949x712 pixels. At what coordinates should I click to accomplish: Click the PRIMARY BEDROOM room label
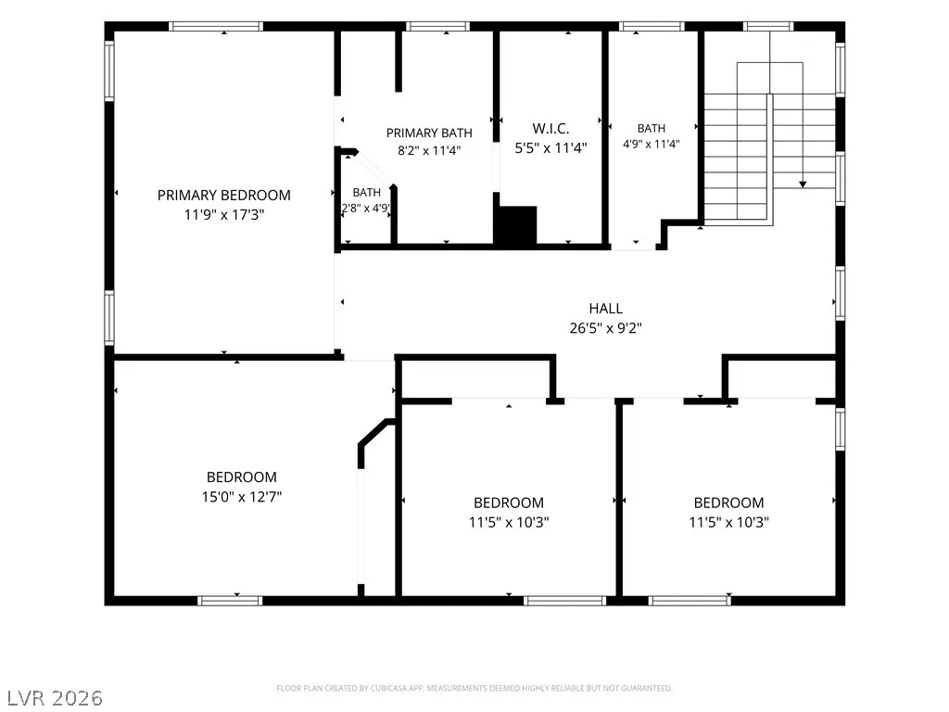coord(224,195)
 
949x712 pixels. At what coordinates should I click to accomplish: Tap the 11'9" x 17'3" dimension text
coord(224,214)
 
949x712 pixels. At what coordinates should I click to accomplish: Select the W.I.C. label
coord(550,128)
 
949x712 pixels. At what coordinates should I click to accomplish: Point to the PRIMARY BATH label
coord(429,133)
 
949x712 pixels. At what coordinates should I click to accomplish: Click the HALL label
coord(606,308)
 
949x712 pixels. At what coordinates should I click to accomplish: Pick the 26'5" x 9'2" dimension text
coord(606,327)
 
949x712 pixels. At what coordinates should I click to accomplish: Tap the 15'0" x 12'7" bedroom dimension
coord(242,497)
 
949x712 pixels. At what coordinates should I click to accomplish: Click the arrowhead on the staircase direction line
coord(803,184)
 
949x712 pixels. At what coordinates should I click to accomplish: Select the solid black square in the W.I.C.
coord(515,226)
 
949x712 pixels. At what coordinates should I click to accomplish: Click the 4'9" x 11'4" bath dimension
coord(652,144)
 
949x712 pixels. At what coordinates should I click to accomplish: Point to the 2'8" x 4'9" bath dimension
coord(366,209)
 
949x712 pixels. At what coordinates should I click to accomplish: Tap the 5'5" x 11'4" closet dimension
coord(550,147)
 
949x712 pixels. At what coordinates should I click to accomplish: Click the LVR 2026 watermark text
coord(52,697)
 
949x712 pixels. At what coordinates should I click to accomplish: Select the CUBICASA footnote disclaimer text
coord(474,688)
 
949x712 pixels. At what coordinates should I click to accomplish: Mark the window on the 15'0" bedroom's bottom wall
coord(230,601)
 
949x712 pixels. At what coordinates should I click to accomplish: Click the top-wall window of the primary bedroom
coord(215,26)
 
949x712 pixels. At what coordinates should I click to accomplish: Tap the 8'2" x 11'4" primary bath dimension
coord(429,150)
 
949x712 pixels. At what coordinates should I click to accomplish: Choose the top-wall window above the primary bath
coord(437,26)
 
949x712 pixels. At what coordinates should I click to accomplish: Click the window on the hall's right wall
coord(840,293)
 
